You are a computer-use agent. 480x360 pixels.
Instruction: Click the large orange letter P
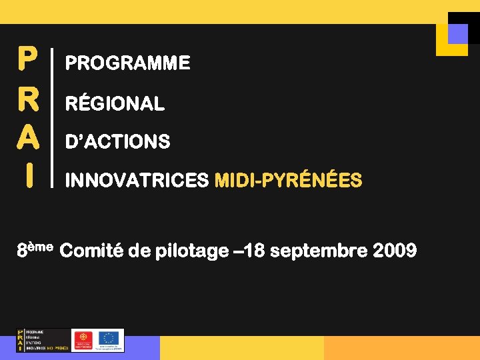[27, 59]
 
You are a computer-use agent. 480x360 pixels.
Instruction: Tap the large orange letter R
[27, 99]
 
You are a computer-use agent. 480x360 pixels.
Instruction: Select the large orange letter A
[27, 139]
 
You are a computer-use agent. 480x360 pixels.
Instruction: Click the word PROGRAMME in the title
[127, 63]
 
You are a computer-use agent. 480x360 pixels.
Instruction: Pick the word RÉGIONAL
[115, 103]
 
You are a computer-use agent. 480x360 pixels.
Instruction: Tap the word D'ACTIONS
[117, 142]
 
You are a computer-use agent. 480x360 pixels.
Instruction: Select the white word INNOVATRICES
[137, 181]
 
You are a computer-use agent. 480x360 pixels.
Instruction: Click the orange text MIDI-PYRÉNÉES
[288, 181]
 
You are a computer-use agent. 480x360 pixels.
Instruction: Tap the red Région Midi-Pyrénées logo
[83, 340]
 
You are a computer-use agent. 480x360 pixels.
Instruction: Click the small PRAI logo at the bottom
[43, 340]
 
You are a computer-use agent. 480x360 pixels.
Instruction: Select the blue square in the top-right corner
[457, 33]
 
